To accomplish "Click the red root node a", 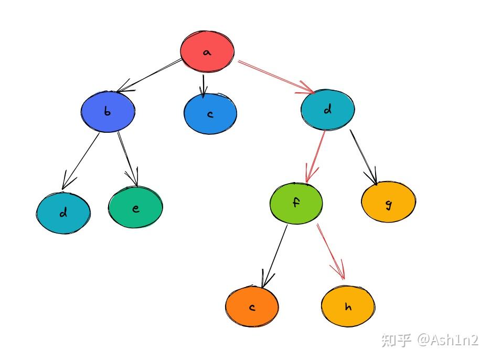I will [207, 51].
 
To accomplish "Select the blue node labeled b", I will [108, 112].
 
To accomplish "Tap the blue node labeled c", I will [210, 113].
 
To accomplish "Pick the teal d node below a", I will [328, 110].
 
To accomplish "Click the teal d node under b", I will [63, 213].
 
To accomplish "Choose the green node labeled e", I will [136, 208].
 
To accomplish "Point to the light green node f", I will [296, 203].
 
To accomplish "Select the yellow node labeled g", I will [389, 202].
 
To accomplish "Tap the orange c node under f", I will [252, 307].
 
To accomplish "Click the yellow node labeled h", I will [348, 306].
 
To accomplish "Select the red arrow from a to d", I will [276, 77].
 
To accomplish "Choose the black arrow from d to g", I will [364, 155].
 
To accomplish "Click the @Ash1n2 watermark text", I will [448, 340].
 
